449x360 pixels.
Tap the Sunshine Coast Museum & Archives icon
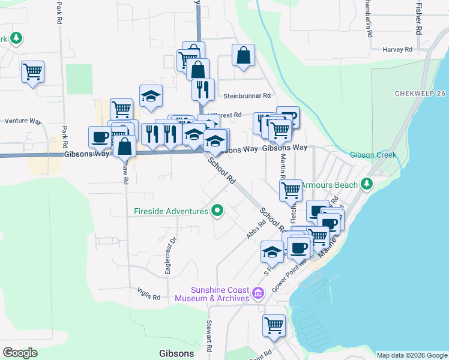point(258,293)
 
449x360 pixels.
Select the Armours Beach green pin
point(366,185)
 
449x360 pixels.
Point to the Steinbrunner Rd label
point(247,95)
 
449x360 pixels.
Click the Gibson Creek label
point(373,155)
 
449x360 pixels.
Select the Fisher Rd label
point(418,18)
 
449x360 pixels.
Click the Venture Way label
point(22,121)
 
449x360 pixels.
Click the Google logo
point(20,352)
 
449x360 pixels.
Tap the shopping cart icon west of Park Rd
point(32,71)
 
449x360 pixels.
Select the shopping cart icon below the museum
point(274,325)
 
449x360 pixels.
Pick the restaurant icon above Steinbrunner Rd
point(203,89)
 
